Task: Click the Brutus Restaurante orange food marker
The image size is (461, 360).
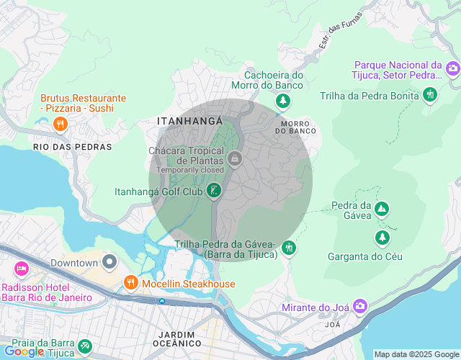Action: [x=61, y=124]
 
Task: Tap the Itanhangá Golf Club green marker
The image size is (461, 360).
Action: [x=213, y=191]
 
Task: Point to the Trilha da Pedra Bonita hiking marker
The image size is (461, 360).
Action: [x=430, y=94]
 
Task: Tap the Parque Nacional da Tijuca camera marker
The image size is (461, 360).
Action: [x=452, y=69]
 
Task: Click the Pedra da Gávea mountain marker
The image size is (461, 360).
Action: [x=382, y=210]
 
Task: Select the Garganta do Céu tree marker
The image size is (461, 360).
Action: [x=382, y=237]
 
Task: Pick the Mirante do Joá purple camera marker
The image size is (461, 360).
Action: [x=359, y=307]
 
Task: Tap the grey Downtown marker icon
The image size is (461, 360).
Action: [x=109, y=262]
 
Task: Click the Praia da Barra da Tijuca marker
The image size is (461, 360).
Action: [x=85, y=346]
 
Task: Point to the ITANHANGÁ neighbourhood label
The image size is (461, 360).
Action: [x=189, y=122]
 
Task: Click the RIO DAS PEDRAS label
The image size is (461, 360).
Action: [x=73, y=146]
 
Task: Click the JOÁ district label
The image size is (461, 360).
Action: [x=333, y=325]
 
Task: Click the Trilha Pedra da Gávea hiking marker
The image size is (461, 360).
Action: [x=289, y=248]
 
